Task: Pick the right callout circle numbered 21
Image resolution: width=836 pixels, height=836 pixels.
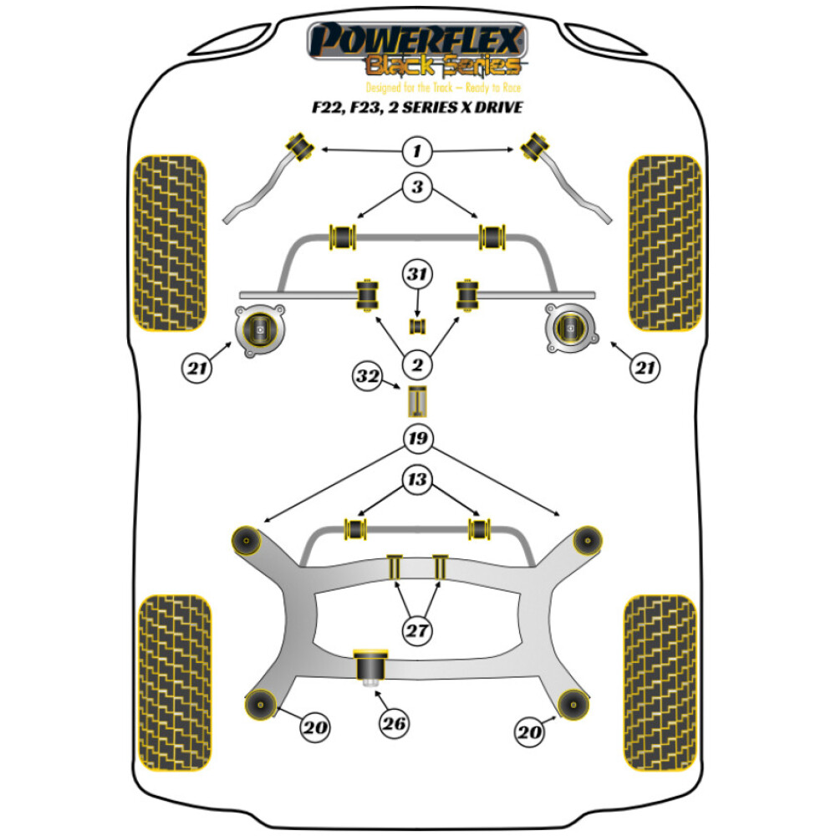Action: (645, 367)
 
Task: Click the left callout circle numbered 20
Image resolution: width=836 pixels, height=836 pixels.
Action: (315, 726)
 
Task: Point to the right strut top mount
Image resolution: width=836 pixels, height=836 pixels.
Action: (571, 328)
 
